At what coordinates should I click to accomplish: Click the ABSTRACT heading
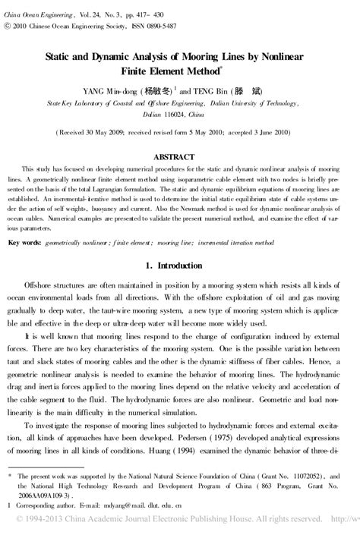coord(180,156)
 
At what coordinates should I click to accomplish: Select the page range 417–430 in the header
coord(165,7)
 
